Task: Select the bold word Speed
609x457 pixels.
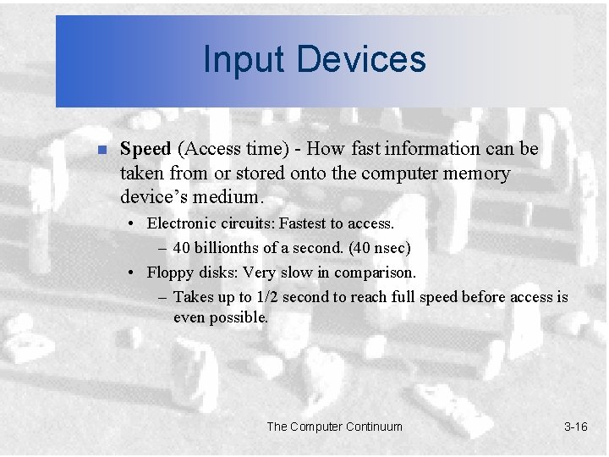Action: pyautogui.click(x=145, y=149)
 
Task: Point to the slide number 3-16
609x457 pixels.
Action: pyautogui.click(x=575, y=427)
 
